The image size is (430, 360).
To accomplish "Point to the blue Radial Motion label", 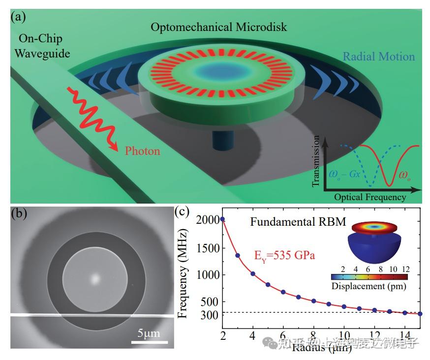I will pos(379,57).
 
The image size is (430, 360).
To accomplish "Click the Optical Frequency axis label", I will pos(370,197).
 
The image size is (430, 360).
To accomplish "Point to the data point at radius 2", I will pos(222,219).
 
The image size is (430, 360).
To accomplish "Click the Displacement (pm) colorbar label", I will pos(365,286).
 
